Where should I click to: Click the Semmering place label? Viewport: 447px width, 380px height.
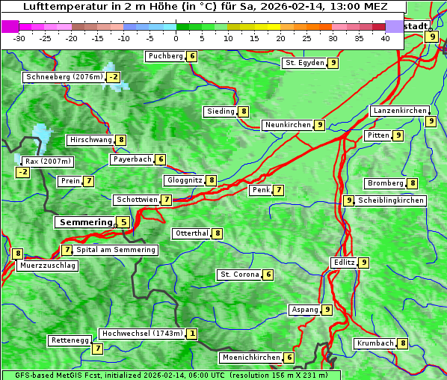click(x=84, y=222)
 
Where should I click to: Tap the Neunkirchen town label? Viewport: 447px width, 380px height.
click(x=286, y=125)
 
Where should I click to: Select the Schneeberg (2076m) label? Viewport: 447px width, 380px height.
click(x=64, y=77)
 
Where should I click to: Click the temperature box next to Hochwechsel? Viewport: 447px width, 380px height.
click(x=192, y=334)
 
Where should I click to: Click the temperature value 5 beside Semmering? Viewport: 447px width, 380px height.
click(x=123, y=222)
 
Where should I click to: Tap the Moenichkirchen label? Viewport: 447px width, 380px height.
click(x=251, y=358)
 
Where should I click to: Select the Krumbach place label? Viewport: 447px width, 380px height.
click(x=374, y=343)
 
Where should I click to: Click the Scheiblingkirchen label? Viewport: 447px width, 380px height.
click(x=391, y=200)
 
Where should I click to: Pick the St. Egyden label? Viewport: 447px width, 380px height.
click(x=303, y=63)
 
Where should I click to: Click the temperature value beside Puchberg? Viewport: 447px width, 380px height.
click(x=192, y=56)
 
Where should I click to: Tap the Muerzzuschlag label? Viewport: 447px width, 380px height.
click(x=47, y=266)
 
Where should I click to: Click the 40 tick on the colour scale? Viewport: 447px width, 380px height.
click(x=385, y=38)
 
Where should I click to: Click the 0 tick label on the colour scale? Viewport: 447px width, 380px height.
click(x=176, y=38)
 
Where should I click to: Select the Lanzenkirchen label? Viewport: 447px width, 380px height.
click(x=399, y=111)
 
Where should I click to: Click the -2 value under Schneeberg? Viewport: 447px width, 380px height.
click(x=113, y=77)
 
